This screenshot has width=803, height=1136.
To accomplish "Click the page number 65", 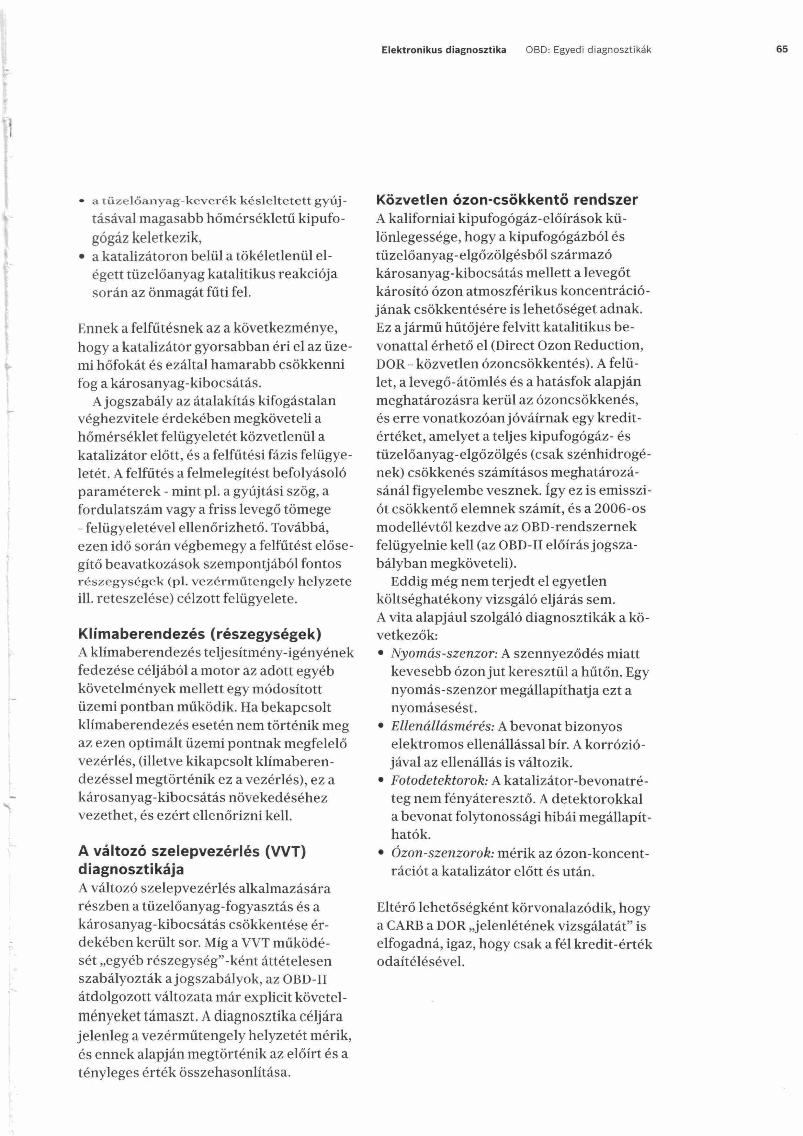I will [x=782, y=50].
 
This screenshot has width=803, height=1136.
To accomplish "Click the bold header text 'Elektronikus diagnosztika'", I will [x=444, y=50].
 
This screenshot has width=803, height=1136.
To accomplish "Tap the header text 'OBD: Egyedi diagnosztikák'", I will [x=588, y=50].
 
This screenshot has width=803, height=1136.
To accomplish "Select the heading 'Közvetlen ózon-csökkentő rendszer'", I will [x=507, y=200].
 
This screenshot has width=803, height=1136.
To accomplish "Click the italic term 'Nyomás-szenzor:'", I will [x=444, y=654].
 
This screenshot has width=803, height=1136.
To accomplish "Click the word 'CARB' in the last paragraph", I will [x=407, y=926].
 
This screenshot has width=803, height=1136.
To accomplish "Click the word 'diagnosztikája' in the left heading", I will [x=131, y=870].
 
